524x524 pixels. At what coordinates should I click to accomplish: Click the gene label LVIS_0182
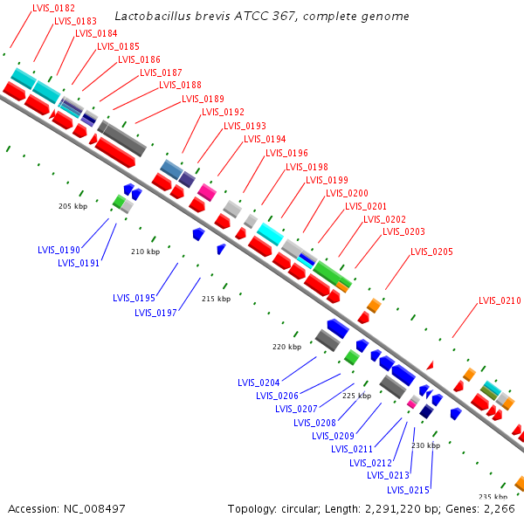[52, 8]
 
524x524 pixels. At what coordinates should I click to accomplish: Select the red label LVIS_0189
[203, 99]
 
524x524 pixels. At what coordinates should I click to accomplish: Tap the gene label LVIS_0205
[431, 252]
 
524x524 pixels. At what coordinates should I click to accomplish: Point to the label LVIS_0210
[500, 300]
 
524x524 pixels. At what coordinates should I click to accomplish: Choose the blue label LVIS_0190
[59, 250]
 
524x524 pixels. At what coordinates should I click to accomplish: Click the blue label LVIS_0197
[156, 313]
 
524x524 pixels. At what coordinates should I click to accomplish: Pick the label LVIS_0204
[259, 383]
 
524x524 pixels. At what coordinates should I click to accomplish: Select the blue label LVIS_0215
[410, 490]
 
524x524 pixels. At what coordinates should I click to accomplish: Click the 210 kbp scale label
[146, 252]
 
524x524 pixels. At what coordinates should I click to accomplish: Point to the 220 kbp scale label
[286, 347]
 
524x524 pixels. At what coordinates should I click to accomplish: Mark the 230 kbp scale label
[425, 445]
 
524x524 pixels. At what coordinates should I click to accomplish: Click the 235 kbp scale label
[493, 496]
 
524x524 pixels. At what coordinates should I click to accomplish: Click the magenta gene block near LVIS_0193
[207, 190]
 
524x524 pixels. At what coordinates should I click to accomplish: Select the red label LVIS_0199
[327, 180]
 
